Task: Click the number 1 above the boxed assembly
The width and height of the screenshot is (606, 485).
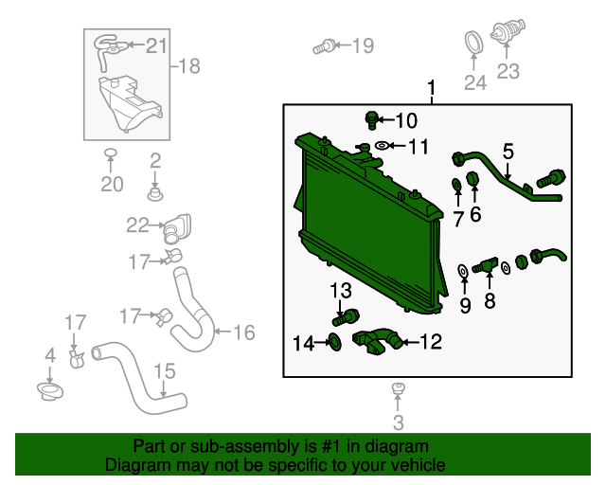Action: (432, 90)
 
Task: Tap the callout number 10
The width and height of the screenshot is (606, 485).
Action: (405, 120)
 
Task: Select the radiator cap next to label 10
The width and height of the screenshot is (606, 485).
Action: (373, 119)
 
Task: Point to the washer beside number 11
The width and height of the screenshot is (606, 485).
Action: (383, 146)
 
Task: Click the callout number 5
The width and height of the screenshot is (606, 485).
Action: (508, 151)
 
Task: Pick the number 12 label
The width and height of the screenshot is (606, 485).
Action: (430, 342)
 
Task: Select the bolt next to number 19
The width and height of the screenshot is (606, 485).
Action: (325, 45)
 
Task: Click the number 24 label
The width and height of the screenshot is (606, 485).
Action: (474, 83)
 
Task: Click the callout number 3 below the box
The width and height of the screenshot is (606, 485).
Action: (398, 422)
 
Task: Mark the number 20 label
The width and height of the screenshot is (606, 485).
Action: (112, 184)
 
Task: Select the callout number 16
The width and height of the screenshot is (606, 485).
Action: (243, 332)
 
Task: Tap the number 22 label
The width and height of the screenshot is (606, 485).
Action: (138, 225)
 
